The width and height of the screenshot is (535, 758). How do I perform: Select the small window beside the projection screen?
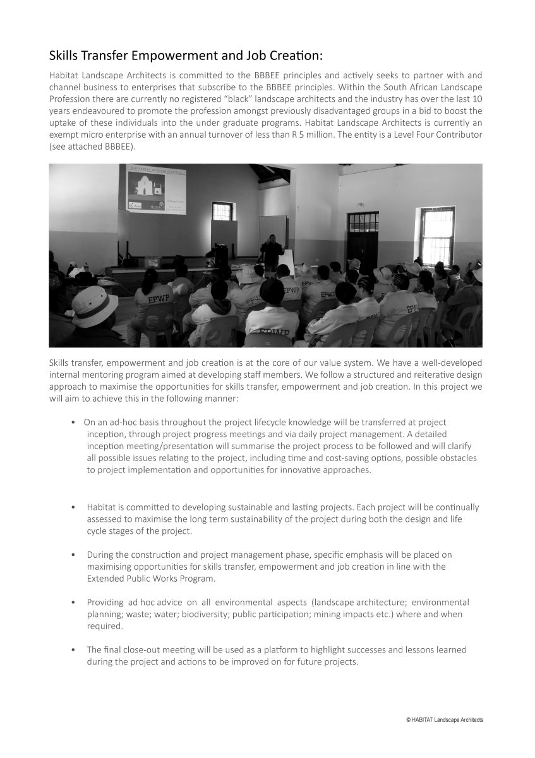221,211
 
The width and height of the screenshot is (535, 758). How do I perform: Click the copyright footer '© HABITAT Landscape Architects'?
445,719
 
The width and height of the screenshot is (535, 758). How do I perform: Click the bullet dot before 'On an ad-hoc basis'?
75,422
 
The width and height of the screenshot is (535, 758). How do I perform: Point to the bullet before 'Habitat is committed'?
75,507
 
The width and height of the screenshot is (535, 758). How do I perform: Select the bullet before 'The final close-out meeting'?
75,650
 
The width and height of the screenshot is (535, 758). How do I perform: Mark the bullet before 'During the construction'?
75,555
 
